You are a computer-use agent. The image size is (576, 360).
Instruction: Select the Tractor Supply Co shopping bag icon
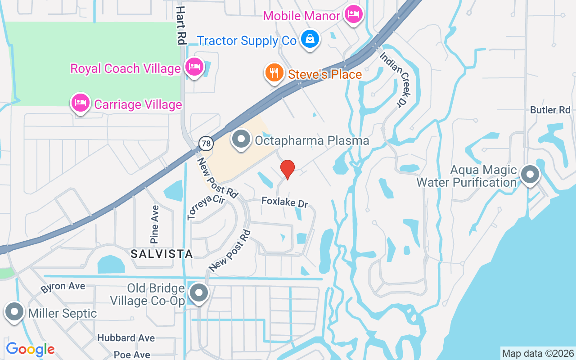[310, 39]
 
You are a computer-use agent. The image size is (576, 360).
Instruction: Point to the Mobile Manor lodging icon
[353, 14]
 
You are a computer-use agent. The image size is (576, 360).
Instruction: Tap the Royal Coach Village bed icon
[194, 67]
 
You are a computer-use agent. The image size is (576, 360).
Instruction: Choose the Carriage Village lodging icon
[81, 103]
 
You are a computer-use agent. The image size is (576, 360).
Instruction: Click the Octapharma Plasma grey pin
[241, 139]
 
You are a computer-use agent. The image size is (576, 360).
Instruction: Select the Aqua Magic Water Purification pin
[530, 174]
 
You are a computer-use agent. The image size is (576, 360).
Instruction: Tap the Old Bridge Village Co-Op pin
[198, 293]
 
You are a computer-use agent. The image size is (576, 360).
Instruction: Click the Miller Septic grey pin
[14, 311]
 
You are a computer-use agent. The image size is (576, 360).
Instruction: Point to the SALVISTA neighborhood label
[162, 254]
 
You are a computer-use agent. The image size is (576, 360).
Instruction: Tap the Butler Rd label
[550, 110]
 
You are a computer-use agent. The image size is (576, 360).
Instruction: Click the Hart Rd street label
[181, 25]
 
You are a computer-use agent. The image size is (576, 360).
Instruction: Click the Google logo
[30, 349]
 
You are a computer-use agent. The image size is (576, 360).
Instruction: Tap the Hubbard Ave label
[126, 338]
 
